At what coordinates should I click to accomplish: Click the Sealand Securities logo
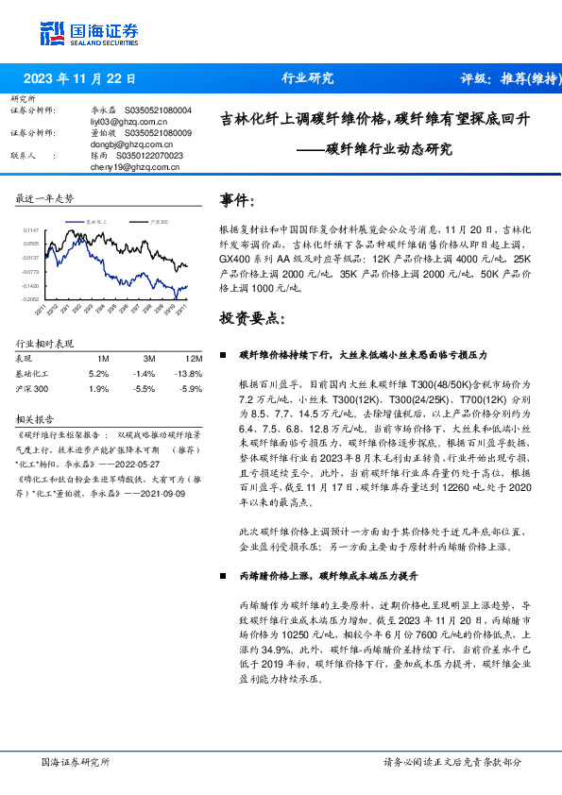pyautogui.click(x=89, y=34)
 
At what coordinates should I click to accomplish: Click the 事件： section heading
pyautogui.click(x=237, y=201)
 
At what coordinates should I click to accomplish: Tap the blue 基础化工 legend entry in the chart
pyautogui.click(x=95, y=220)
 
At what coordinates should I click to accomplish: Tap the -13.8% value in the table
pyautogui.click(x=192, y=374)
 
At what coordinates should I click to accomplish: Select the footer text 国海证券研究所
pyautogui.click(x=77, y=762)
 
